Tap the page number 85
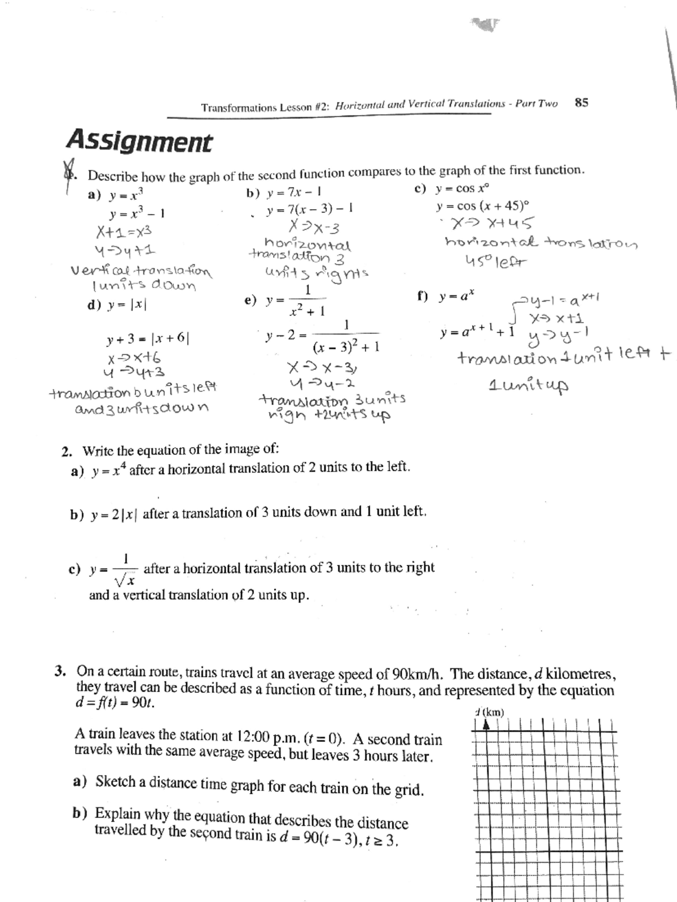point(581,103)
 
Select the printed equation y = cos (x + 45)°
point(483,206)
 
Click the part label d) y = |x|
point(117,305)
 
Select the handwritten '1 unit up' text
point(528,386)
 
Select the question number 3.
point(60,671)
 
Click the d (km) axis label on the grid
point(489,712)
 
